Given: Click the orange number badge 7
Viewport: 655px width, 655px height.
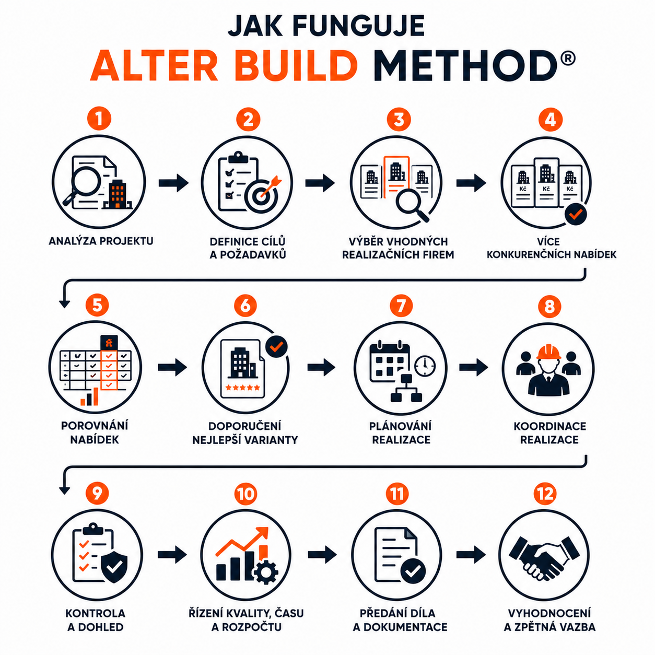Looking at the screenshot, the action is pos(401,306).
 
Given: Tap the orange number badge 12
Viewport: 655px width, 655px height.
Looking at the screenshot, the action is pos(545,494).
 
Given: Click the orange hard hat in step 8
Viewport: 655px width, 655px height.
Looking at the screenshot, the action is pos(548,352).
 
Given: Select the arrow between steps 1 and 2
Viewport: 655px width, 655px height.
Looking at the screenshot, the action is pos(173,183).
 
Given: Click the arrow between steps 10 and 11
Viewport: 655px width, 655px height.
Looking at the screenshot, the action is pos(322,555).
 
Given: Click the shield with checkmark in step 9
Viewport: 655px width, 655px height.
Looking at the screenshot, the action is pos(114,567).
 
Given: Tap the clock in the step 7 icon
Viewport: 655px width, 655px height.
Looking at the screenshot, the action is pos(425,366).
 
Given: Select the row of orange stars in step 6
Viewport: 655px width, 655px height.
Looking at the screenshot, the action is pos(242,388).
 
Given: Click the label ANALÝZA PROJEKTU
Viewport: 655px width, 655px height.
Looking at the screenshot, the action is pos(101,241).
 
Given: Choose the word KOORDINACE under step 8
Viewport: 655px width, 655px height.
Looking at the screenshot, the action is pos(549,426).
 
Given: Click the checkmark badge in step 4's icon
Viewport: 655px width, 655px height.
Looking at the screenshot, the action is pos(576,214).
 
